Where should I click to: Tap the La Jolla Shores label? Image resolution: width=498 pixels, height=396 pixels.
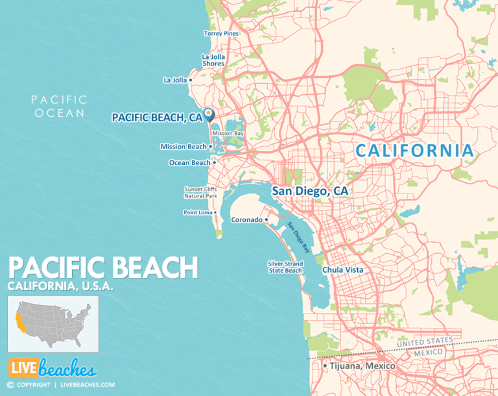click(213, 60)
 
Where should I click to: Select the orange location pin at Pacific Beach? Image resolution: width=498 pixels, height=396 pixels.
click(208, 114)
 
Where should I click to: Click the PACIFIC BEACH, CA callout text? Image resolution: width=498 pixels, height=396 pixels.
click(157, 118)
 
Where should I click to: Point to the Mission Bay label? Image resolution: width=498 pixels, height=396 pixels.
click(228, 133)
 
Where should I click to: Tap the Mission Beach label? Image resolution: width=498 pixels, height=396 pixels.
click(184, 147)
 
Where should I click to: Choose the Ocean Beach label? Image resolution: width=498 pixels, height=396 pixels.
click(189, 163)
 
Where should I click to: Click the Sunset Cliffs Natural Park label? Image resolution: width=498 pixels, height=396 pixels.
click(200, 192)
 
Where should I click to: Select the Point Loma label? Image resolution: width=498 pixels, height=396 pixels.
click(198, 212)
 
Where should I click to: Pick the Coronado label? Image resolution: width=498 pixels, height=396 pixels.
click(246, 220)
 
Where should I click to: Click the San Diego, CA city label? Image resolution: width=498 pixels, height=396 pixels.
click(310, 191)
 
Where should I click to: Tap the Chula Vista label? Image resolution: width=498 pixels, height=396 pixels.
click(342, 269)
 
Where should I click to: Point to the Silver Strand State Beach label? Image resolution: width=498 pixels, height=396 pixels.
click(285, 267)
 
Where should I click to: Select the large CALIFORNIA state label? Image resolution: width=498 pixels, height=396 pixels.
click(414, 151)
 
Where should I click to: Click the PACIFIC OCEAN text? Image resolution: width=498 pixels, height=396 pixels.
click(59, 106)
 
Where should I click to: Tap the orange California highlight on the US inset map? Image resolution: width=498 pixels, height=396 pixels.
click(20, 321)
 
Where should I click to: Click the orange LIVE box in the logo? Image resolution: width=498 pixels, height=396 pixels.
click(21, 368)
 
